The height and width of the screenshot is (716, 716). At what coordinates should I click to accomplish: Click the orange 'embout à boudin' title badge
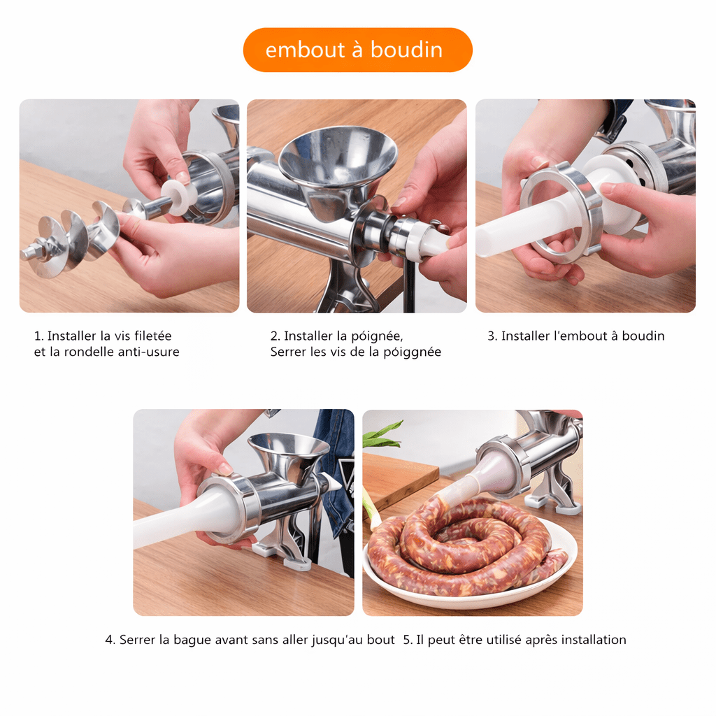[357, 50]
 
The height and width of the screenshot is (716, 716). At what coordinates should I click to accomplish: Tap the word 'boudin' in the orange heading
[406, 50]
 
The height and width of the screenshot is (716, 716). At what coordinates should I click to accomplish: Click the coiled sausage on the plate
[466, 545]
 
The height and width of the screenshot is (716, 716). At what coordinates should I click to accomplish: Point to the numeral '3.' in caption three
[492, 336]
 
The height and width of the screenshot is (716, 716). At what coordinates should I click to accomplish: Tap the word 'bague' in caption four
[192, 640]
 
